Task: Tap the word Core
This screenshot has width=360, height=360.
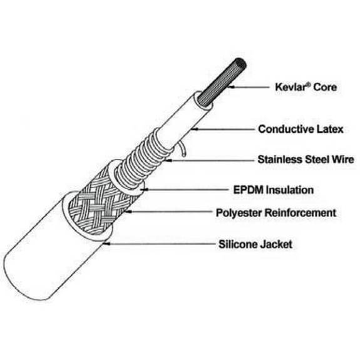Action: click(325, 87)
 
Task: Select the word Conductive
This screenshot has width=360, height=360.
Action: click(286, 129)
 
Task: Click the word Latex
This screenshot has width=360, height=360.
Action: click(330, 129)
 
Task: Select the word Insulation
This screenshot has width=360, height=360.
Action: click(290, 190)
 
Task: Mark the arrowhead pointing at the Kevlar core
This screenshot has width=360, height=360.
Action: click(232, 87)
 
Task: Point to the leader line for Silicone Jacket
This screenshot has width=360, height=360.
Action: click(159, 244)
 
